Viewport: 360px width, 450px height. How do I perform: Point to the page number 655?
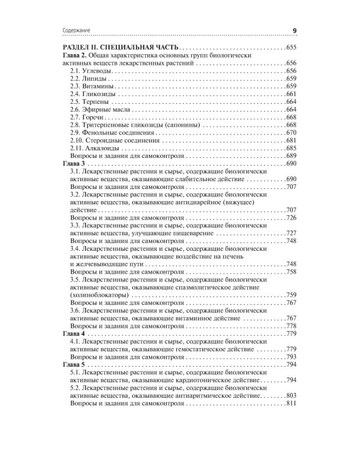pos(292,47)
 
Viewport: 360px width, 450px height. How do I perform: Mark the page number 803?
pos(292,396)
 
